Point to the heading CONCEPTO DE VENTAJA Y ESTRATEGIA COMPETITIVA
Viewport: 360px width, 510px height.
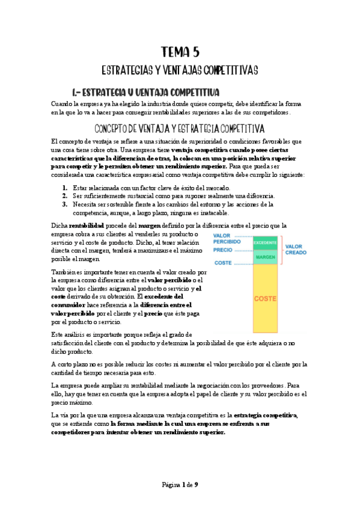click(x=180, y=128)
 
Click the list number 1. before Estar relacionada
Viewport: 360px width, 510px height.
click(x=66, y=188)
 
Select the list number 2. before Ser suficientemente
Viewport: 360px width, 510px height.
click(x=66, y=196)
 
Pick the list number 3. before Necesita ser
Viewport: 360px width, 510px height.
click(x=66, y=204)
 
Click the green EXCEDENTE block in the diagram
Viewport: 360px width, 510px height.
click(x=264, y=242)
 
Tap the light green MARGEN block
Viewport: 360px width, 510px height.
click(x=264, y=257)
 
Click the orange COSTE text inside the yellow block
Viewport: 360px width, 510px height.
click(x=264, y=298)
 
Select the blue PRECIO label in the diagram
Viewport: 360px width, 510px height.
click(x=222, y=249)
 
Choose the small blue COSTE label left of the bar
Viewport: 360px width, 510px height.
click(x=223, y=263)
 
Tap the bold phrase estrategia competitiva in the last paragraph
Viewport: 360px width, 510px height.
click(x=266, y=416)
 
